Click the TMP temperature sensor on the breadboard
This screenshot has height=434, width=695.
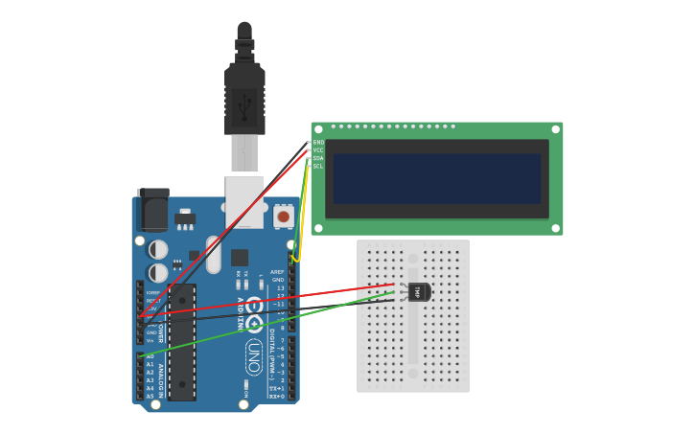419,291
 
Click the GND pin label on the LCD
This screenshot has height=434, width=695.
318,143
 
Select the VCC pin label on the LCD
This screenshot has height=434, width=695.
318,150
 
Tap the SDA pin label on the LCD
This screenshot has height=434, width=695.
318,158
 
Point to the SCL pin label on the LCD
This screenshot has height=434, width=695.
318,166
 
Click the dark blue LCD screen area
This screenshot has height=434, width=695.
437,178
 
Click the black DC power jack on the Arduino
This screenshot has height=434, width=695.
153,208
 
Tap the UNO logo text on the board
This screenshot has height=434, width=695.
254,357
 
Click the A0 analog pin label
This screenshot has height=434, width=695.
150,356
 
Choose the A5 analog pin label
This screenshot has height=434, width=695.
150,396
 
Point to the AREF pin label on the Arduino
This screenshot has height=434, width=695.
278,271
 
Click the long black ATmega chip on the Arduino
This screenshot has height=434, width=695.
182,341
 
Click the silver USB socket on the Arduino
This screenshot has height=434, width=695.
243,200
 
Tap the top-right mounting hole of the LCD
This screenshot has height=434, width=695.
555,129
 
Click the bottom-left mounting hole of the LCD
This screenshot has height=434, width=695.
318,228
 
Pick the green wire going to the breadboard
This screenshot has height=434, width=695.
268,325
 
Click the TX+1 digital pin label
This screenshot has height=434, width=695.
277,388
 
